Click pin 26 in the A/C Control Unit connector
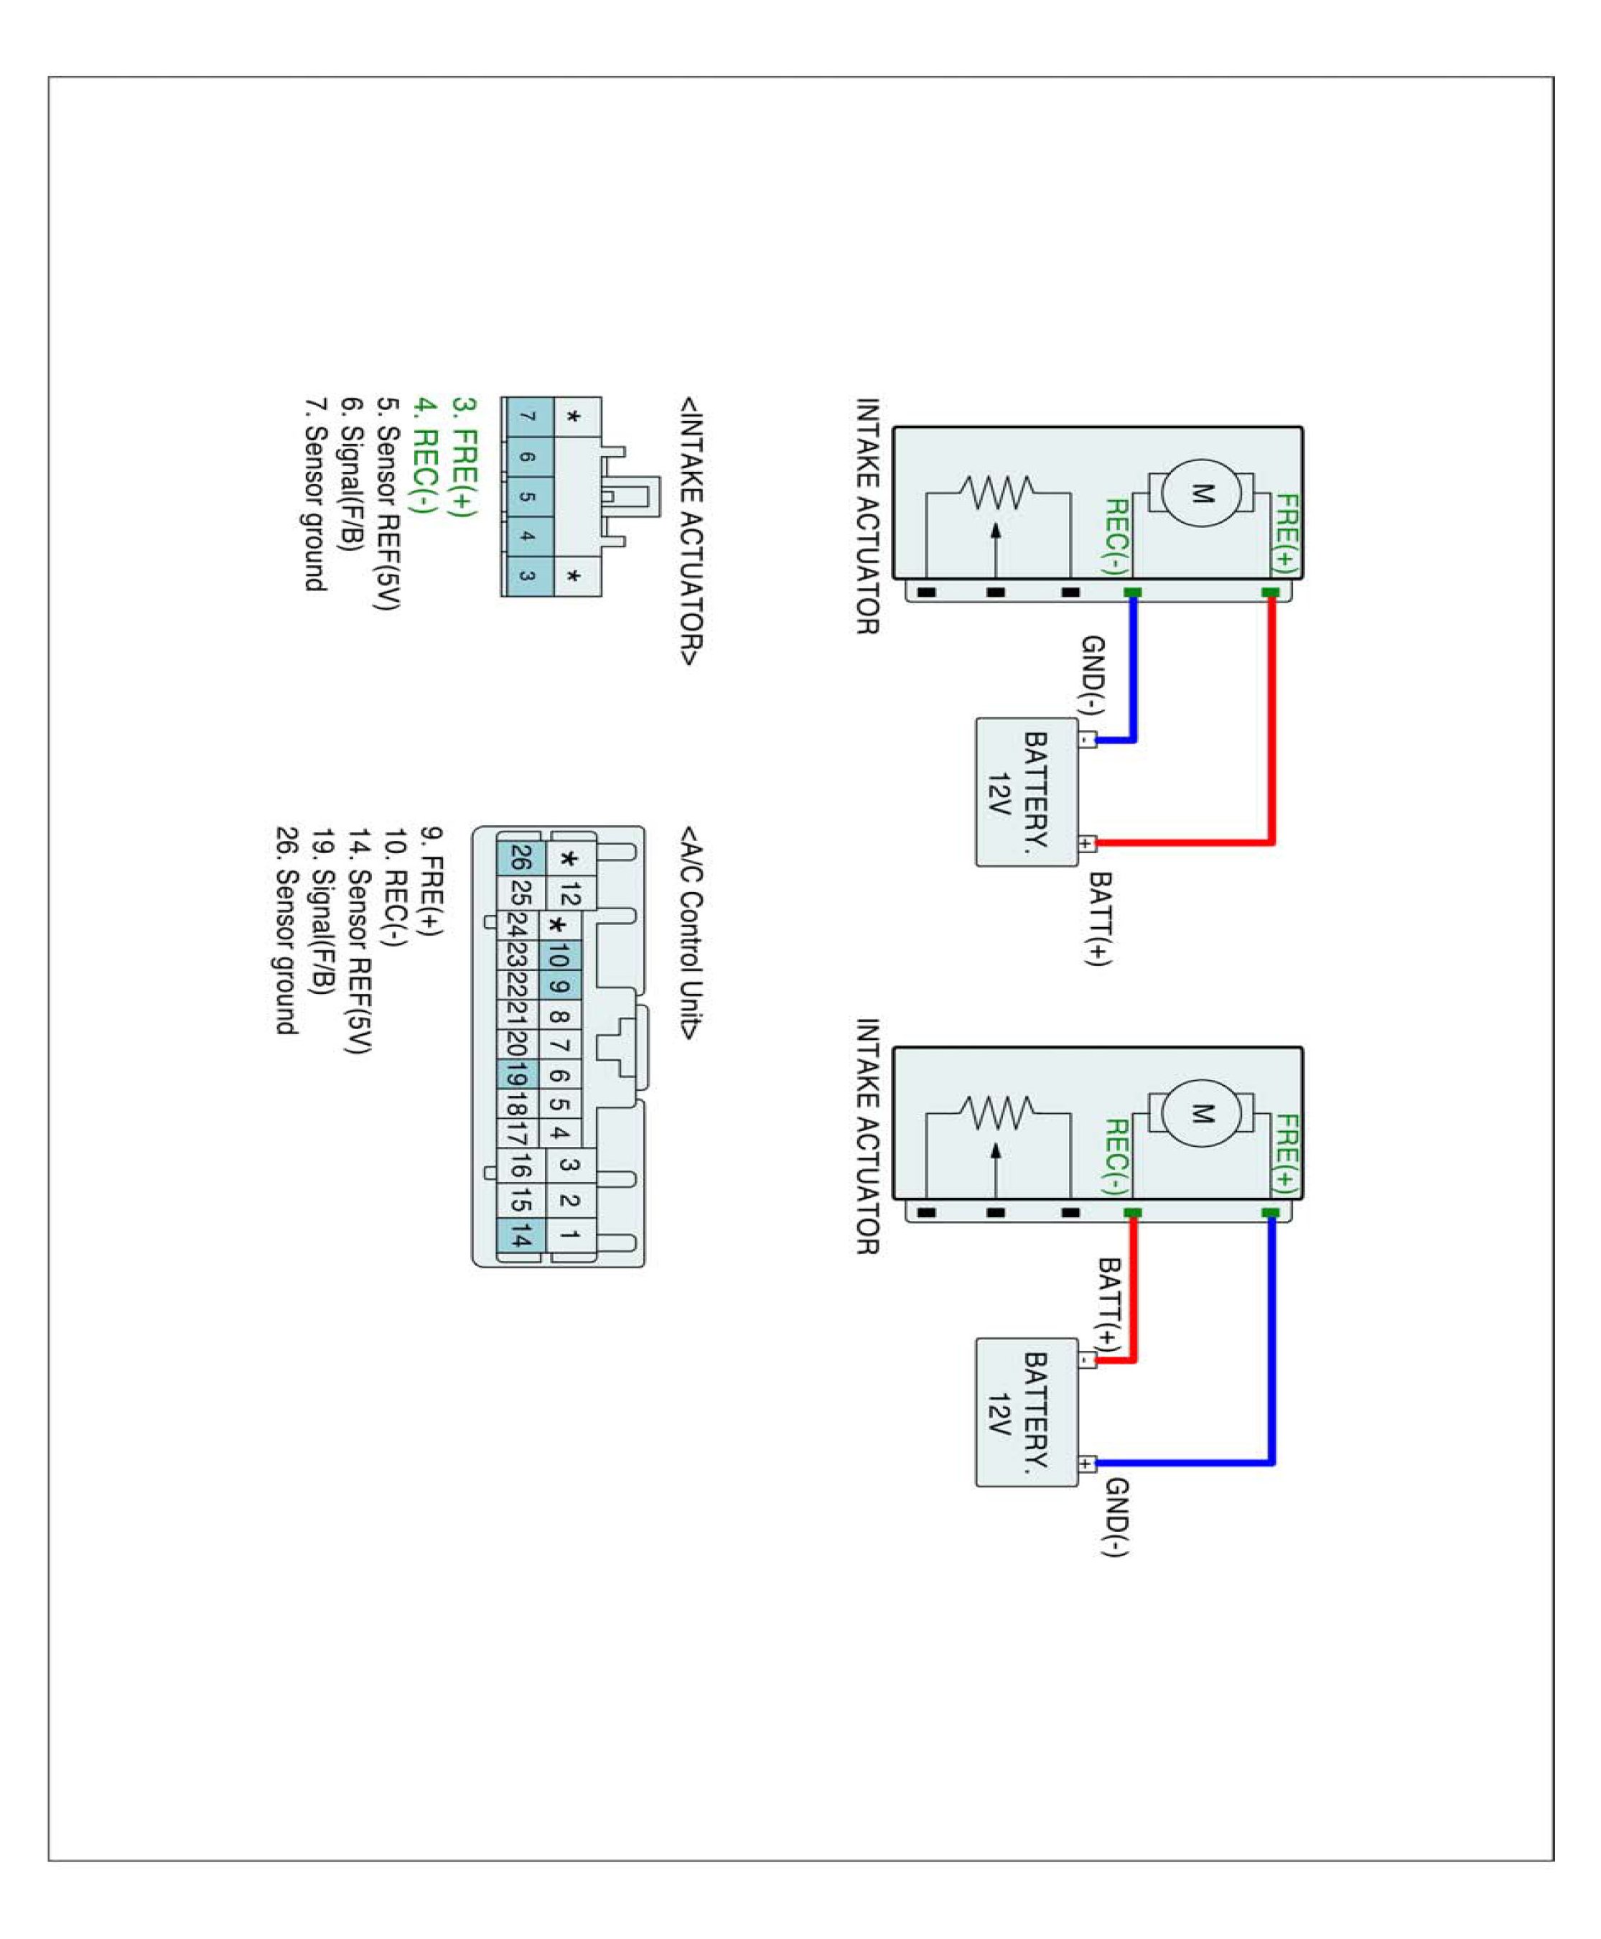[x=520, y=859]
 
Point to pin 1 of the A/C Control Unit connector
[x=570, y=1234]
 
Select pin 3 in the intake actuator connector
[x=526, y=576]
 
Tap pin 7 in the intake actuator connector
[x=526, y=417]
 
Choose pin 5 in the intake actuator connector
[x=526, y=496]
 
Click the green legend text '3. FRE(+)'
[x=464, y=457]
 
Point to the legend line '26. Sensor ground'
[x=286, y=931]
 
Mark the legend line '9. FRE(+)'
[x=431, y=881]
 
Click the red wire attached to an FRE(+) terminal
[x=1271, y=720]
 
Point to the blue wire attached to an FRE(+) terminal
[x=1271, y=1338]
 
